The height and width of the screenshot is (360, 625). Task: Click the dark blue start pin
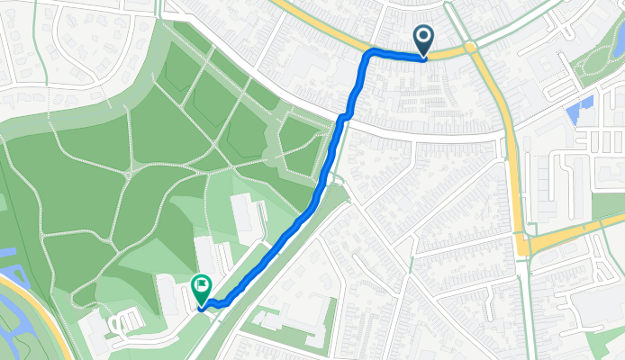[422, 39]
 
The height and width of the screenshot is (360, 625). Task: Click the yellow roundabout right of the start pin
[469, 47]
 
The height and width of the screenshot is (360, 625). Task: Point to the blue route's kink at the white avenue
[343, 117]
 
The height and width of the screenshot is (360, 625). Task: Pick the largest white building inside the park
[243, 216]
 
